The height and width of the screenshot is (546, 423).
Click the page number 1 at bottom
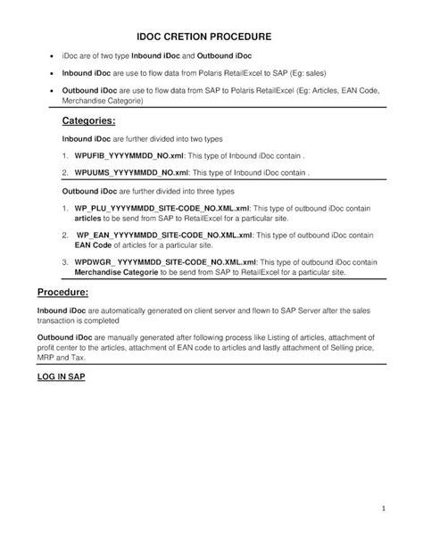click(x=382, y=509)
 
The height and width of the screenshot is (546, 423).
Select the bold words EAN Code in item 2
click(x=94, y=244)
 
